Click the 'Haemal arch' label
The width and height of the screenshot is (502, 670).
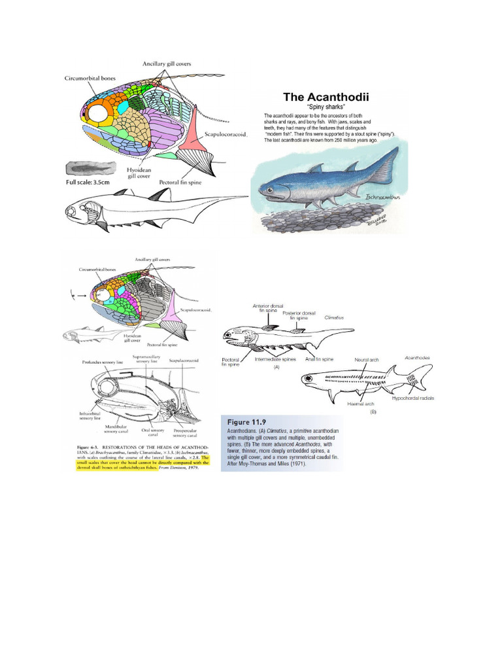[360, 404]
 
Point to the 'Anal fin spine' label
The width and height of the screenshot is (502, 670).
[319, 359]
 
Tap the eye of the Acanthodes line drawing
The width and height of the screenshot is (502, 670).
[307, 378]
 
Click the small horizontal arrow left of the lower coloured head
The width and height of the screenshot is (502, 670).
[81, 296]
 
